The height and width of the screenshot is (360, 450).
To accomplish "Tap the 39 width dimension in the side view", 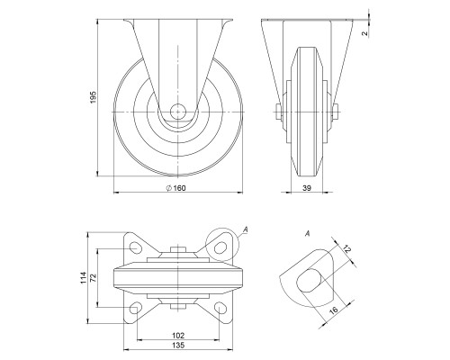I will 308,187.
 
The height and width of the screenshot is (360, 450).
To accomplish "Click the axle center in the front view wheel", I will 177,113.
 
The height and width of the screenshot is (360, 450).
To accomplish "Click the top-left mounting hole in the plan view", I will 136,245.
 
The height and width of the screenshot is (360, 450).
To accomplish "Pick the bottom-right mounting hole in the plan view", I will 220,309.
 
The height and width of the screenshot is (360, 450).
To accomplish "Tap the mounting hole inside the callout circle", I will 220,244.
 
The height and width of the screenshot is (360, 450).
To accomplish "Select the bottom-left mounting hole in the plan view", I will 136,309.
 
